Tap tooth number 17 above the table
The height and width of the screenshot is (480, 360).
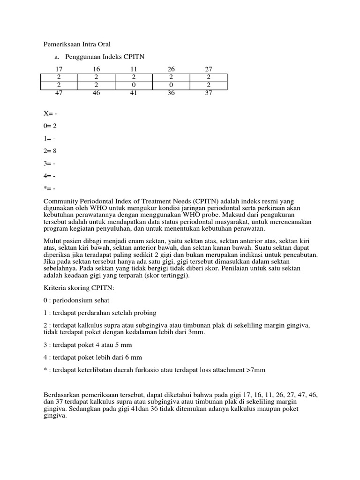[x=59, y=69]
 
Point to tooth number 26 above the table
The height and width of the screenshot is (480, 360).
[x=171, y=69]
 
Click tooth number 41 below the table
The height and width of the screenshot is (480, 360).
[x=134, y=93]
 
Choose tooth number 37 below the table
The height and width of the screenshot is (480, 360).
[x=209, y=93]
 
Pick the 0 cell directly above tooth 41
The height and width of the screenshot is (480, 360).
[x=134, y=85]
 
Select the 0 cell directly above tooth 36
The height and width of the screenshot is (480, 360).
[x=171, y=85]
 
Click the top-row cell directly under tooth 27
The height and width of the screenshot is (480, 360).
[x=209, y=77]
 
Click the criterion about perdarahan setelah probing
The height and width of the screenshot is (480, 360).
[x=100, y=313]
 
